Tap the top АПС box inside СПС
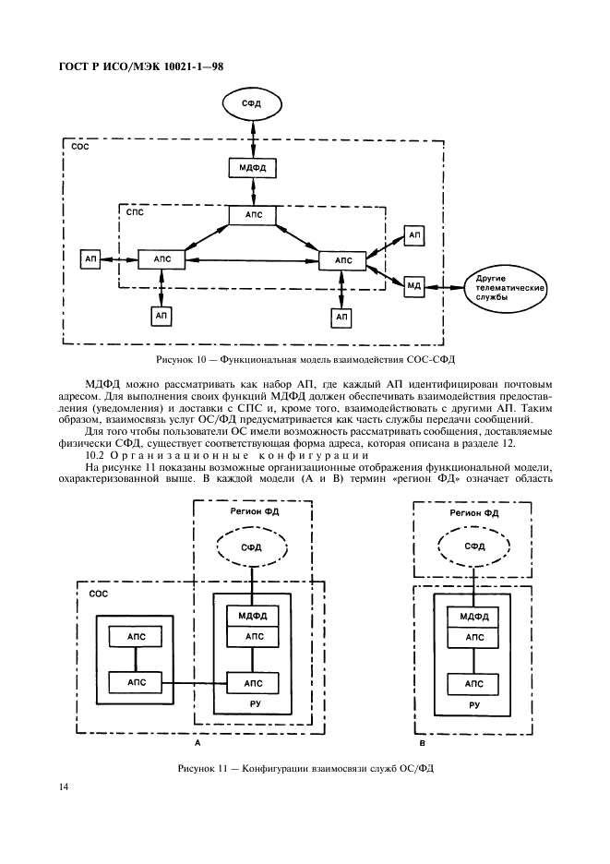[253, 215]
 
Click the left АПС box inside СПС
[161, 260]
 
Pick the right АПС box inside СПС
[342, 260]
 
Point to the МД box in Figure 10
[414, 286]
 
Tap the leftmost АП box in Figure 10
[91, 260]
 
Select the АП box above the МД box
[414, 235]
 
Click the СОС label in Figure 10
[80, 147]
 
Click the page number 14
[64, 786]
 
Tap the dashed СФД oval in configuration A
[251, 547]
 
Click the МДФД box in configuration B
[474, 616]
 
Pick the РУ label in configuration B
[474, 704]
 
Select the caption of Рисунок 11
[305, 769]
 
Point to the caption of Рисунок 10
[305, 358]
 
